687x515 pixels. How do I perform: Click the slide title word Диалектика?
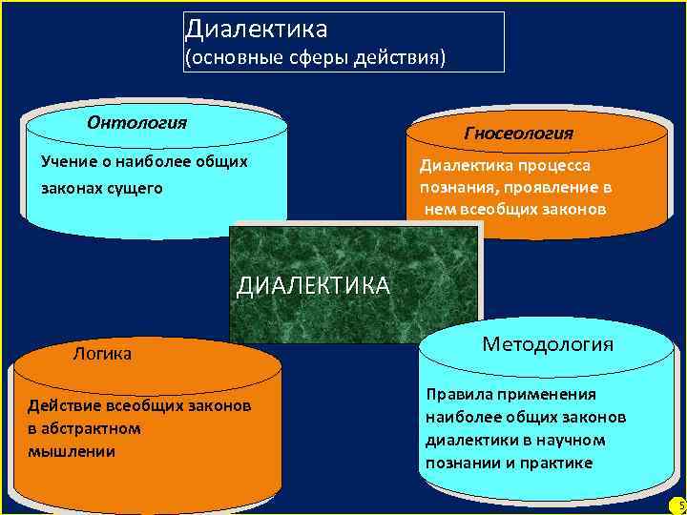pos(256,31)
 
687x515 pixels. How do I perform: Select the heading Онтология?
pos(136,123)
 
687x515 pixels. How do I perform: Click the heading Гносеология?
pos(518,134)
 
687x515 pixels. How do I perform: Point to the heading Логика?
pos(102,355)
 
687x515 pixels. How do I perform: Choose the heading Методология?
pos(548,344)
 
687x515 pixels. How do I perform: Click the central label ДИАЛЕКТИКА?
pos(313,286)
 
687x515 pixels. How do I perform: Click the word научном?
pos(571,441)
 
